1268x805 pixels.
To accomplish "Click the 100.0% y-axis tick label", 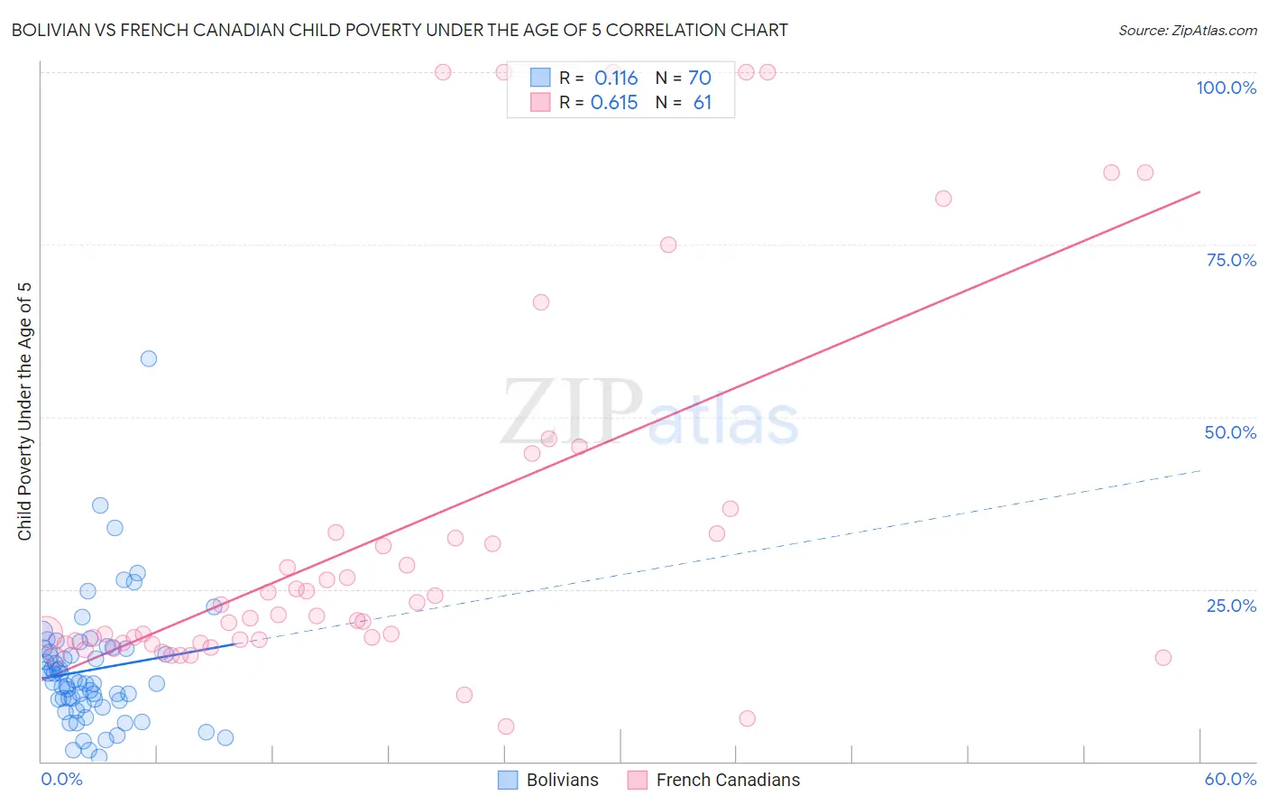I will point(1226,88).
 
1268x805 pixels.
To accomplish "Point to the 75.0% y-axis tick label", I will point(1231,260).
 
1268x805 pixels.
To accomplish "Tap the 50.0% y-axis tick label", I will point(1230,432).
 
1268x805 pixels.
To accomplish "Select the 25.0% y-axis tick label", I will point(1231,606).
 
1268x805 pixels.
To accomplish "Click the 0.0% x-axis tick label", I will point(61,779).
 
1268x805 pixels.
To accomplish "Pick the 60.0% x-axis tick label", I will point(1230,779).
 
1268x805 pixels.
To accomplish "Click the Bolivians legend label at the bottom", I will point(562,780).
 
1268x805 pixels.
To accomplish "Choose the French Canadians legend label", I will point(728,780).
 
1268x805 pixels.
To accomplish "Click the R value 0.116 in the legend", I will point(616,78).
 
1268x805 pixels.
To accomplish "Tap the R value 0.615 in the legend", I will point(614,103).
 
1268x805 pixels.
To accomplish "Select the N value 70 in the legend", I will point(700,78).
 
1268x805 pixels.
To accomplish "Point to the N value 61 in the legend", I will point(702,103).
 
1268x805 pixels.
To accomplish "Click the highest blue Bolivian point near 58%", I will point(149,358).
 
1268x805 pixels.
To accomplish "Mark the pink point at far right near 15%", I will point(1163,657).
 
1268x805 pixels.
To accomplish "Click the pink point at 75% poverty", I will point(668,245).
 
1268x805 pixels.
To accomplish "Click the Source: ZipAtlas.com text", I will point(1188,30).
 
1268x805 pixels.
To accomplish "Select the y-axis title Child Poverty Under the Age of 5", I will point(24,411).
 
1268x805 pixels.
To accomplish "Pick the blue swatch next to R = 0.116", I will point(540,78).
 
